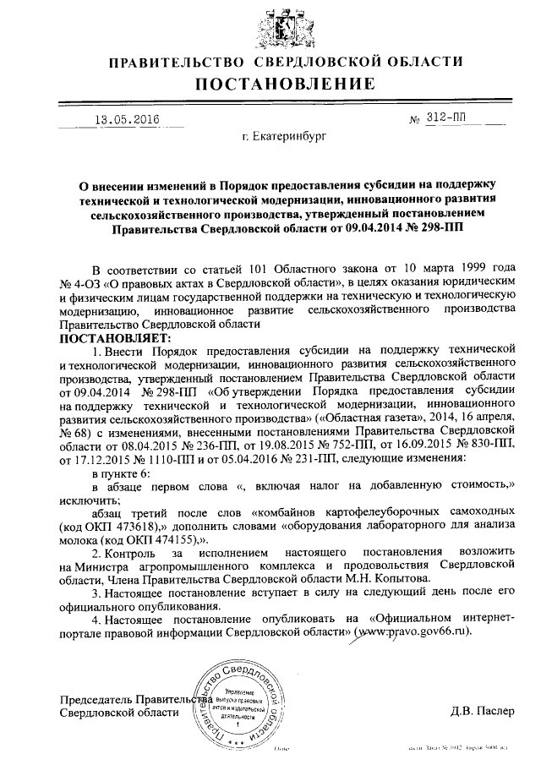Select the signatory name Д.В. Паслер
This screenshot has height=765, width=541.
(481, 710)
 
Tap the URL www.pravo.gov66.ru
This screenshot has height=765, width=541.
(412, 631)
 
